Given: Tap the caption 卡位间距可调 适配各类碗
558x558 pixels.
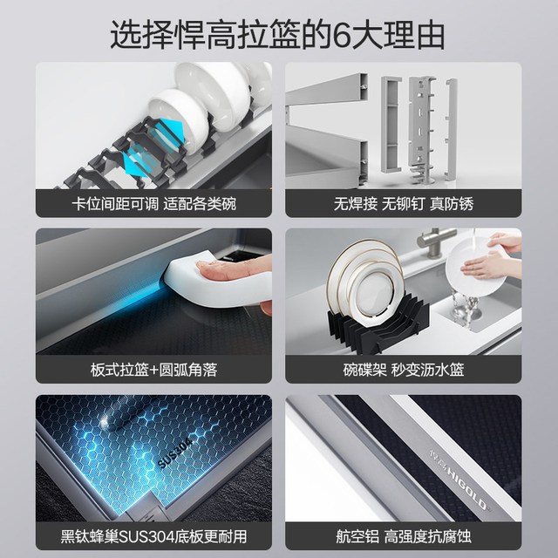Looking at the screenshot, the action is coord(153,204).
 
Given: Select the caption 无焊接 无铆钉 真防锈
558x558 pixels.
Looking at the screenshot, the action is coord(404,204).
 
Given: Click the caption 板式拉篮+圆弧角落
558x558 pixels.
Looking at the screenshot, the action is coord(153,370).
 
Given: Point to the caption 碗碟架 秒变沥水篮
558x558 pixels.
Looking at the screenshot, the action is coord(404,370).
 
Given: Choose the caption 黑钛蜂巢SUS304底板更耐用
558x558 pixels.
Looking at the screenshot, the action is coord(153,536).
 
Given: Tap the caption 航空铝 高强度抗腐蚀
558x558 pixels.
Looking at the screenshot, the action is coord(404,536).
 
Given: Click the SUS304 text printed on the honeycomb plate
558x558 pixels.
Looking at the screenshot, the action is coord(175,453).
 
